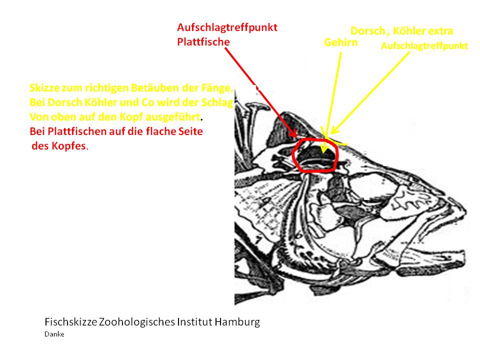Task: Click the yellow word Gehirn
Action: (340, 42)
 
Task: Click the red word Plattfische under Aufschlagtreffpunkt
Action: (203, 41)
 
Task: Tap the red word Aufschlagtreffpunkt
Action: (227, 27)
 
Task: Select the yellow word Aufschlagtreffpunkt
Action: (424, 46)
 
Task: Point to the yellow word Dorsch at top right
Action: (368, 31)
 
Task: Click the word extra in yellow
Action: (440, 31)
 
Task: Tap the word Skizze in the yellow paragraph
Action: (44, 88)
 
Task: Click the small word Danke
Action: (54, 334)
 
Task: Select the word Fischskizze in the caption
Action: (70, 322)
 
